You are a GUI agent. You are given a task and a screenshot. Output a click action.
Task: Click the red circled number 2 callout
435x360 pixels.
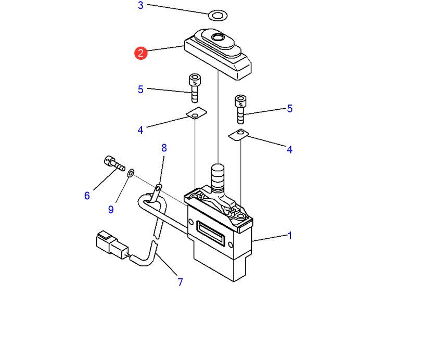point(140,53)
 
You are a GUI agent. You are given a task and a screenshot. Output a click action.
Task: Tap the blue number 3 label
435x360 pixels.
point(140,5)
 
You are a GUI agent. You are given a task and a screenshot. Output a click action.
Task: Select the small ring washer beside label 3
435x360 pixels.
point(218,15)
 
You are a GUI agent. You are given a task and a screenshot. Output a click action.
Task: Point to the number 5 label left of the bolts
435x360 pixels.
point(140,89)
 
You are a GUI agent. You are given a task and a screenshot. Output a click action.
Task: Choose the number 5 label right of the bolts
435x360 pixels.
point(290,108)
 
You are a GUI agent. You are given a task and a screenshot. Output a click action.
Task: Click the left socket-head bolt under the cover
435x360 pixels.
point(195,88)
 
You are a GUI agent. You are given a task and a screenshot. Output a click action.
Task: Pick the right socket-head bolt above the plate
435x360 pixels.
point(240,109)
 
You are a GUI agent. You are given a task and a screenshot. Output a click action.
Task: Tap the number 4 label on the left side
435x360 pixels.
point(140,130)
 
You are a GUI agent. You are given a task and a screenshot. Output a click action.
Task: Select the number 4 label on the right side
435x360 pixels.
point(289,149)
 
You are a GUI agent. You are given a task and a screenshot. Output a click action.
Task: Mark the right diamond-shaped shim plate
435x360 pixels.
point(239,135)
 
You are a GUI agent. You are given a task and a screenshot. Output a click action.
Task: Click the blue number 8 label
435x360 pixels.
point(164,148)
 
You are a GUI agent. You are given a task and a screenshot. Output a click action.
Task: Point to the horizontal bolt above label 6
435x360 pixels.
point(114,163)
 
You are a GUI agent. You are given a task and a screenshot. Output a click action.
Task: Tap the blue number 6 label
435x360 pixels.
point(87,196)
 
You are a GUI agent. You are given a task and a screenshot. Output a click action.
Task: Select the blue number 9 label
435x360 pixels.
point(111,210)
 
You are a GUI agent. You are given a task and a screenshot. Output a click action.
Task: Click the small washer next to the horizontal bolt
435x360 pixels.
point(131,173)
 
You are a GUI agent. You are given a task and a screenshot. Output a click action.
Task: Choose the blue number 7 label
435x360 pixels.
point(181,282)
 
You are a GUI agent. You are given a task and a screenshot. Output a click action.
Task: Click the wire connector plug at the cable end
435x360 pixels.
point(112,245)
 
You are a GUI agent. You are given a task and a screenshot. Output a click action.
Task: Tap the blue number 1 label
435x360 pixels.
point(290,236)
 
